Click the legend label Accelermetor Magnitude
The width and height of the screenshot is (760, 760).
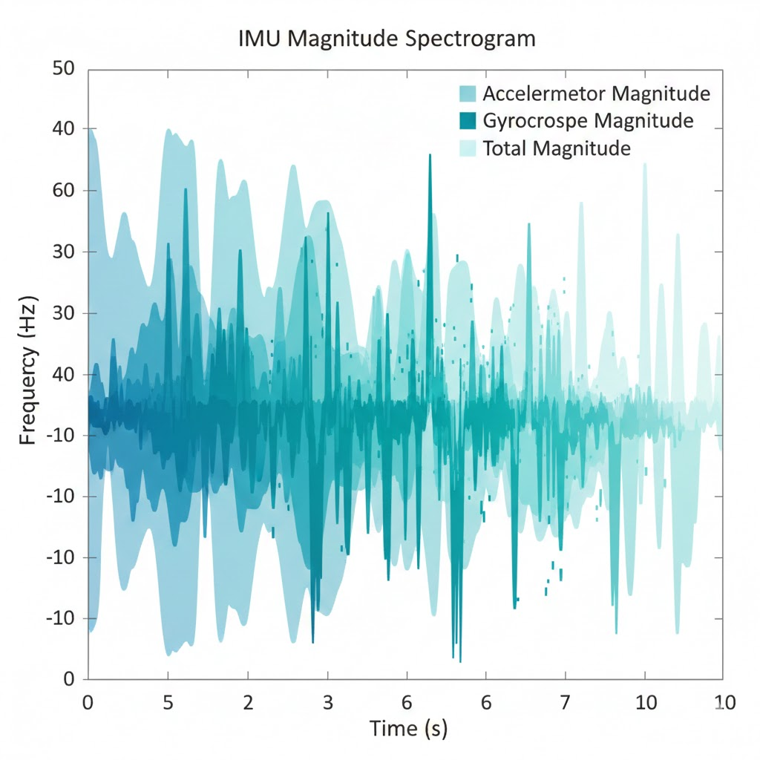[596, 94]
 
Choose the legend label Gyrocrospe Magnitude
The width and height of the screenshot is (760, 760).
[588, 121]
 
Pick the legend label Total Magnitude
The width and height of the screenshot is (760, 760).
[556, 148]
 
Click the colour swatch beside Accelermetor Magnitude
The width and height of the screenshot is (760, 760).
[468, 94]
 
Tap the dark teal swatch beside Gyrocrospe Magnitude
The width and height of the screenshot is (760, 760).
[468, 121]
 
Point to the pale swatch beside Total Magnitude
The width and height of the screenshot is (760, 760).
[468, 148]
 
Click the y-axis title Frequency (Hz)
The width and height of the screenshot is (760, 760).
[27, 369]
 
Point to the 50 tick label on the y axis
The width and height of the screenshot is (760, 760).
[65, 69]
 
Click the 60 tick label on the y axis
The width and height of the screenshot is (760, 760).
[65, 191]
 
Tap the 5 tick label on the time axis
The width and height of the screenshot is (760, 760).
[168, 701]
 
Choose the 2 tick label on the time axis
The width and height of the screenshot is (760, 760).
[248, 701]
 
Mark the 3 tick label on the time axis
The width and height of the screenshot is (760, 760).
[327, 701]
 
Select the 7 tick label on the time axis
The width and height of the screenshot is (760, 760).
[566, 701]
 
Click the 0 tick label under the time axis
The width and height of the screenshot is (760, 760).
[88, 701]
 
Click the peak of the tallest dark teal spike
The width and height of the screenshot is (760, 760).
[430, 155]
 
